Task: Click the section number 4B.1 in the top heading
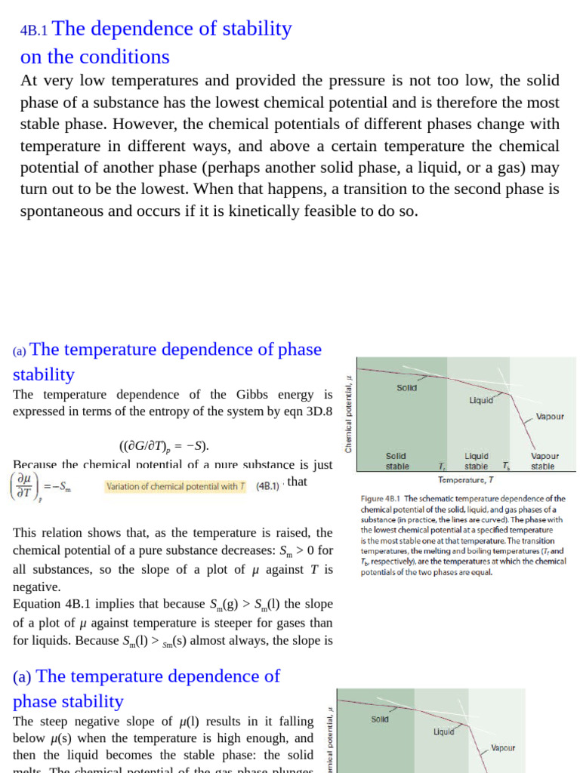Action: tap(34, 31)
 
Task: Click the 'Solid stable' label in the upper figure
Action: tap(397, 461)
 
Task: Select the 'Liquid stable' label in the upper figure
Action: tap(476, 461)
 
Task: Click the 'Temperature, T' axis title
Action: tap(466, 479)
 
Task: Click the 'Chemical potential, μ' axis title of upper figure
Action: tap(348, 415)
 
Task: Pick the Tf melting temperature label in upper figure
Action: tap(442, 466)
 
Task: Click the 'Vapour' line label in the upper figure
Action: tap(549, 416)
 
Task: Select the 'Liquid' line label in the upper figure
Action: tap(481, 400)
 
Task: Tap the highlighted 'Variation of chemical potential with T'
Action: tap(175, 487)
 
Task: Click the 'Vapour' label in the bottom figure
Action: tap(503, 748)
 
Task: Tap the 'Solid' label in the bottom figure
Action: tap(380, 719)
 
